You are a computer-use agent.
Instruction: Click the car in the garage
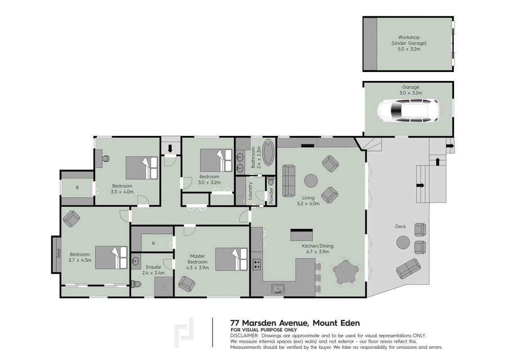pos(408,111)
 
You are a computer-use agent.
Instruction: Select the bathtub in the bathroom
pos(269,152)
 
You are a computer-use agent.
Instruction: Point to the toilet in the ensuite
pos(136,284)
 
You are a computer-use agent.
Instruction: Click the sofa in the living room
pos(289,181)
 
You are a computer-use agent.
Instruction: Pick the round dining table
pos(346,273)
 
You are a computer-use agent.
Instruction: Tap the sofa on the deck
pos(409,269)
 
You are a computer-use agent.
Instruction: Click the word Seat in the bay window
pos(59,253)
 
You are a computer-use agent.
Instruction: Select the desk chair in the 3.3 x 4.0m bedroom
pos(105,158)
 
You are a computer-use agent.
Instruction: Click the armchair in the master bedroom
pos(187,284)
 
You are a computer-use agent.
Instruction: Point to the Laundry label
pos(250,190)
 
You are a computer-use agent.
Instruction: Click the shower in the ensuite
pos(165,287)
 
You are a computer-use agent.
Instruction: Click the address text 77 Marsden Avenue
pos(269,323)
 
